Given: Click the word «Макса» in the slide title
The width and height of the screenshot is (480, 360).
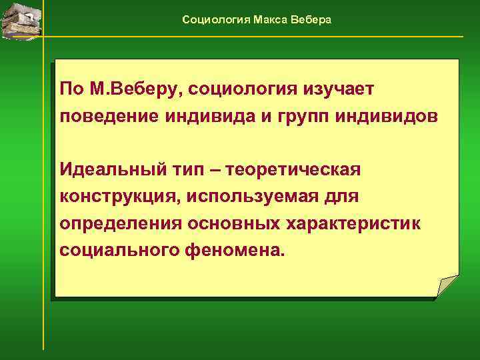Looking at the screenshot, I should [x=270, y=20].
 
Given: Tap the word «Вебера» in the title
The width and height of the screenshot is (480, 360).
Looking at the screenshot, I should [x=311, y=20].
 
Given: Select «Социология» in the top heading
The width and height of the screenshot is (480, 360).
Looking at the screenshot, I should [x=216, y=20].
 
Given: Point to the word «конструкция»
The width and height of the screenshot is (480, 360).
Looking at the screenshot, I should [x=117, y=197].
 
